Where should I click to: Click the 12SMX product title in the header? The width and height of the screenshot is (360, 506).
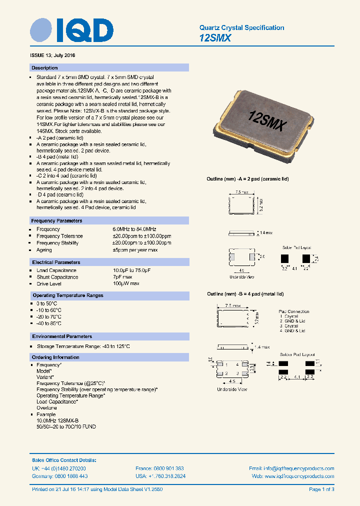[x=215, y=38]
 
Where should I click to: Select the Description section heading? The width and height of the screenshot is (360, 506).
[x=44, y=67]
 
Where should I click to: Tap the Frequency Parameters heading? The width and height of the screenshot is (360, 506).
[x=56, y=220]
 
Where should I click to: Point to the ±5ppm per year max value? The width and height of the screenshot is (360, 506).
[x=135, y=250]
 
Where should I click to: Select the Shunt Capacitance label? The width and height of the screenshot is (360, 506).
[x=57, y=277]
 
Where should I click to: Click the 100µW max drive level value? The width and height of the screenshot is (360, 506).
[x=125, y=283]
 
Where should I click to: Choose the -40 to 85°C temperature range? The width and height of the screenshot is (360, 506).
[x=49, y=323]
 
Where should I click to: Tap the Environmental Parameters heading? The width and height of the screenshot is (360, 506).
[x=62, y=336]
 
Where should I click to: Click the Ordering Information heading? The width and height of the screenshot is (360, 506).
[x=55, y=357]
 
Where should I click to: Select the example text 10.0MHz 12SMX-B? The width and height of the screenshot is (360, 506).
[x=57, y=420]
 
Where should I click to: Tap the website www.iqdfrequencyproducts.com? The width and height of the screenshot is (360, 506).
[x=299, y=476]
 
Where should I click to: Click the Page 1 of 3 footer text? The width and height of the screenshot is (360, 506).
[x=321, y=489]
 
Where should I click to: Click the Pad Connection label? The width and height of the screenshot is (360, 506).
[x=294, y=311]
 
